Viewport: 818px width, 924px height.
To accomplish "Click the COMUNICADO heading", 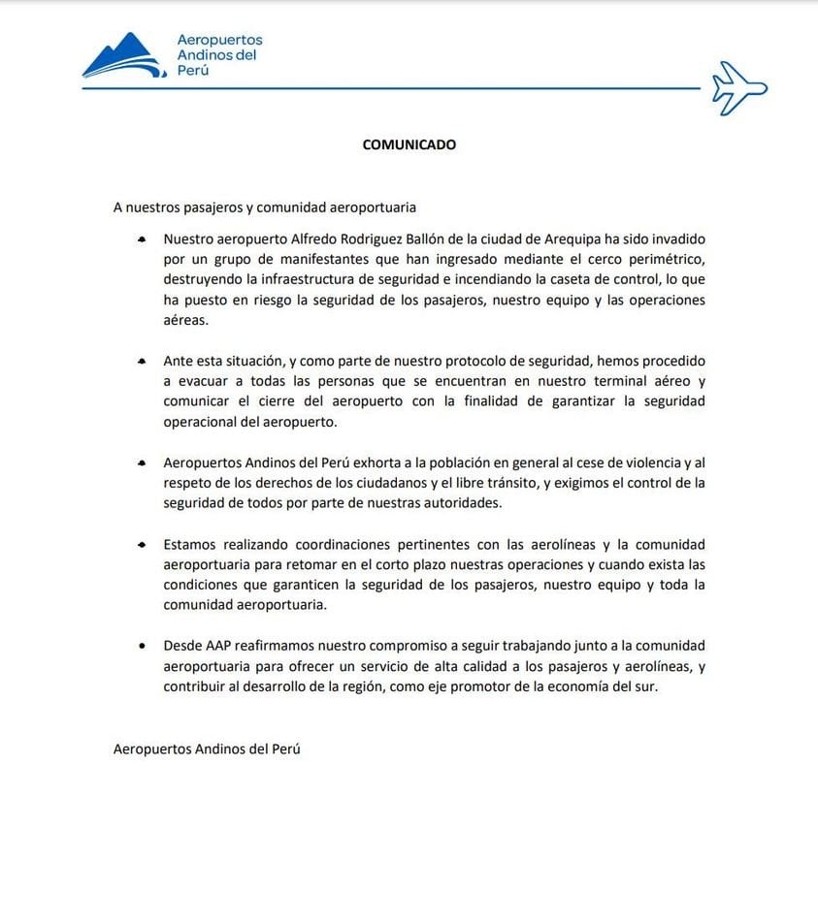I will pyautogui.click(x=409, y=144).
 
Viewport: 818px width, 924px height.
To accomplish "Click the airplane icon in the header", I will pyautogui.click(x=739, y=88).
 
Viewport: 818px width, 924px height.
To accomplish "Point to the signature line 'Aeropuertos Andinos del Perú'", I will pyautogui.click(x=207, y=749).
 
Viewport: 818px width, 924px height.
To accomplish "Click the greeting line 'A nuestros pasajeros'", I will pyautogui.click(x=265, y=207).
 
